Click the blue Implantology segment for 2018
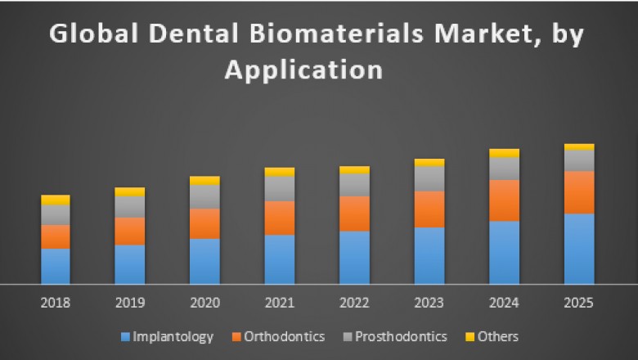click(56, 266)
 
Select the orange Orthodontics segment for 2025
click(579, 192)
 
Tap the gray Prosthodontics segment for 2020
click(204, 196)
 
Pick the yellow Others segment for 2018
click(56, 200)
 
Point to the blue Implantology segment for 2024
click(504, 252)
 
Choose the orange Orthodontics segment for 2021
click(279, 218)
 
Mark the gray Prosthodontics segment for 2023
click(429, 178)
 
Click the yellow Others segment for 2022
click(354, 169)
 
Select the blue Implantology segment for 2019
click(130, 264)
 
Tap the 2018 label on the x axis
click(56, 302)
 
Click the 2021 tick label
click(279, 302)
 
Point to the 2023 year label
click(429, 302)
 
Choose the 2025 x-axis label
click(579, 302)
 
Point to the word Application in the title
click(303, 70)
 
